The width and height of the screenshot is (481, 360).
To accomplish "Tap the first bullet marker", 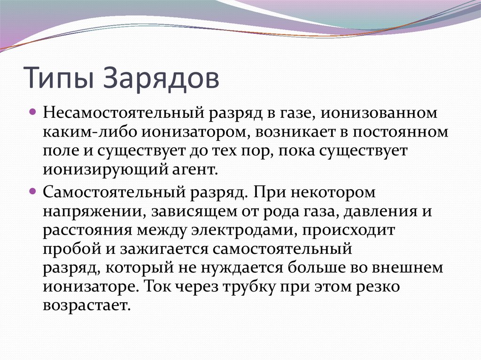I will tap(33, 114).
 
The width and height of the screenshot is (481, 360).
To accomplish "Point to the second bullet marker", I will tap(33, 191).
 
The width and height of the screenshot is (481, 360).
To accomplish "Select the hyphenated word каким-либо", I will tap(89, 132).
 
